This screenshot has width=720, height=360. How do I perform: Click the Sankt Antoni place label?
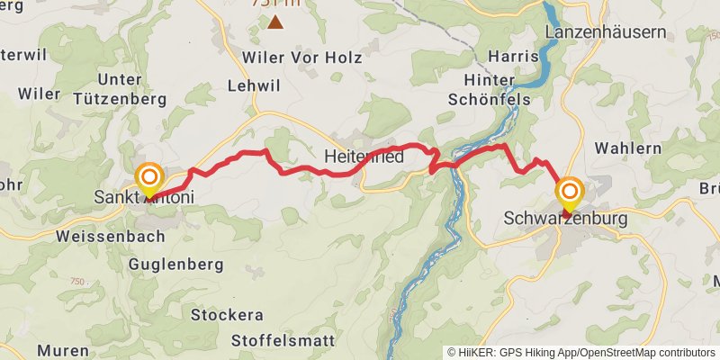(143, 196)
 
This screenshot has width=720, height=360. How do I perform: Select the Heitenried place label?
(363, 157)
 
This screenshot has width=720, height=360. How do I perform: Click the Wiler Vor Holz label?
(301, 58)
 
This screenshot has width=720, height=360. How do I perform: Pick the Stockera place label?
(227, 315)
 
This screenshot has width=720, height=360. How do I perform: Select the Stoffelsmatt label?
(282, 341)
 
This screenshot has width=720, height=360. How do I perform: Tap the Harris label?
(512, 57)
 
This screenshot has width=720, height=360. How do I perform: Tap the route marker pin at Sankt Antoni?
(148, 178)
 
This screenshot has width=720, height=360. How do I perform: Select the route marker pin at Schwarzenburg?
(570, 193)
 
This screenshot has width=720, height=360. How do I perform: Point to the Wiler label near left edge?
(39, 94)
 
